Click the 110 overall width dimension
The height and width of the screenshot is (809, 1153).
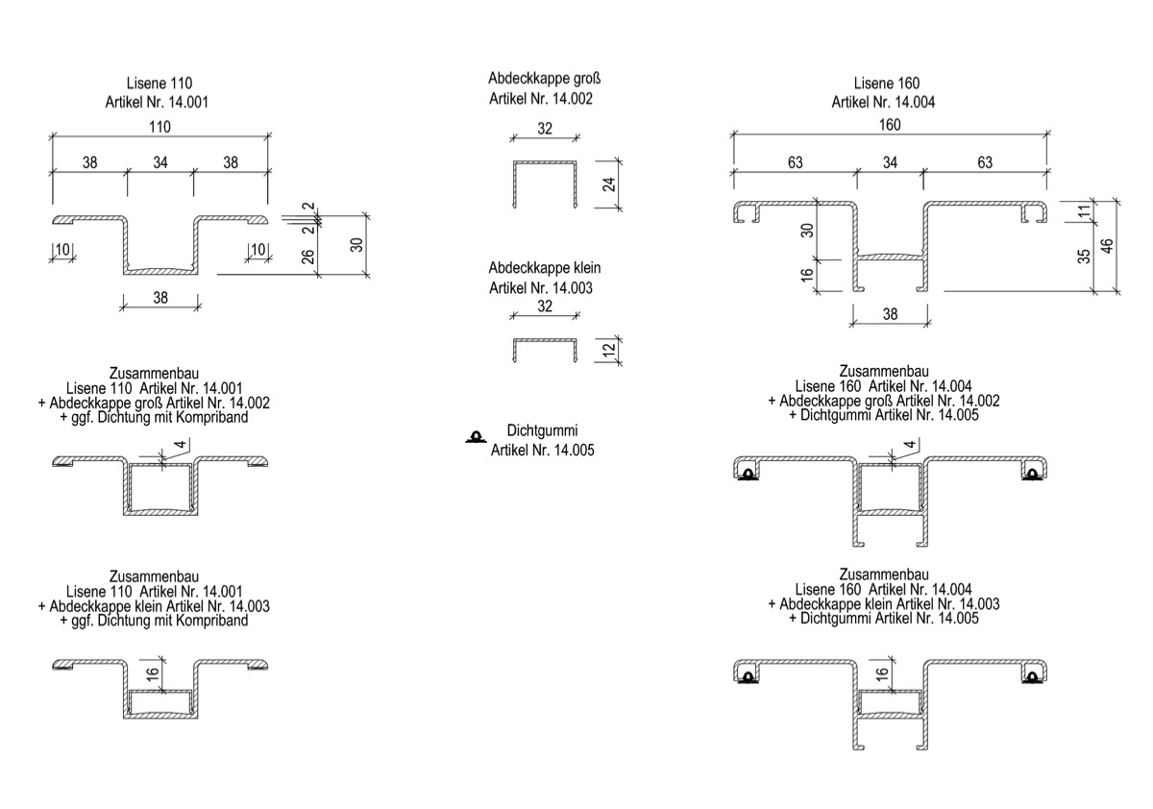(x=159, y=127)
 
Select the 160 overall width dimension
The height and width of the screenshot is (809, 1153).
(x=890, y=125)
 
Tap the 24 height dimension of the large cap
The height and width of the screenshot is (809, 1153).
(x=609, y=184)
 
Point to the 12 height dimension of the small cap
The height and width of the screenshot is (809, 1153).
(x=609, y=350)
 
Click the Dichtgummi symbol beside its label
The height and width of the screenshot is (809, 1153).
(x=476, y=436)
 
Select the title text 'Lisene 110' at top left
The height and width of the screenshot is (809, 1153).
(x=159, y=83)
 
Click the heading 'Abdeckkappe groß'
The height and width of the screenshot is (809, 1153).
(x=544, y=78)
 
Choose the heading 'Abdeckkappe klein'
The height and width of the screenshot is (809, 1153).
(x=544, y=268)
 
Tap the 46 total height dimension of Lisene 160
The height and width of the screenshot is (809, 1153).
(x=1107, y=246)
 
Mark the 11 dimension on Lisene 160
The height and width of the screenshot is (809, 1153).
(x=1084, y=211)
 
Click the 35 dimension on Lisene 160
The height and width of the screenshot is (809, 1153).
(x=1084, y=256)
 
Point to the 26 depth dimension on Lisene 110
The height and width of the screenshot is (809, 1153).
(x=307, y=257)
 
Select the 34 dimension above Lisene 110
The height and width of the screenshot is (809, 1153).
(x=160, y=162)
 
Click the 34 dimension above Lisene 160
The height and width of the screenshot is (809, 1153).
(x=890, y=162)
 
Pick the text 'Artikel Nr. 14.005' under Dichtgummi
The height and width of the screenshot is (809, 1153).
(x=542, y=450)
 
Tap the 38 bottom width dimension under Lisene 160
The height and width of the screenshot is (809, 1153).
(x=890, y=314)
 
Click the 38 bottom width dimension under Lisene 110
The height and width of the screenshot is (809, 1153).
(x=160, y=298)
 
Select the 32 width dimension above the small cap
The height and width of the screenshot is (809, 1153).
(x=545, y=306)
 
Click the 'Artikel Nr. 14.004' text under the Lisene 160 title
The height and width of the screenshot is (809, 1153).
(x=883, y=102)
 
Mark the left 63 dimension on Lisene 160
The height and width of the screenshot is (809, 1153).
(x=796, y=162)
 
